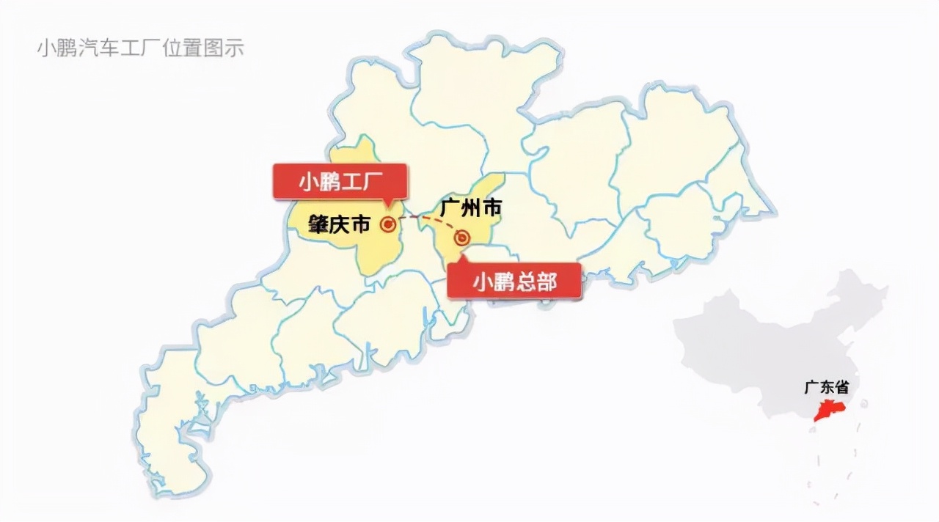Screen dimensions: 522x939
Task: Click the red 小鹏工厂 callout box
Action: point(340,181)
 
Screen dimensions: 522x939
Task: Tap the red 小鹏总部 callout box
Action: point(514,280)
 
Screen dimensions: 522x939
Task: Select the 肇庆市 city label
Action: point(339,224)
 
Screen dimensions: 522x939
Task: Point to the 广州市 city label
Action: point(470,209)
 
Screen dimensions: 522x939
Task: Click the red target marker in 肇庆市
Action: point(387,224)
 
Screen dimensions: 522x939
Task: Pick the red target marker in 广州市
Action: point(462,237)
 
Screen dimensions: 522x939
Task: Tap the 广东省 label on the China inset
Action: point(826,386)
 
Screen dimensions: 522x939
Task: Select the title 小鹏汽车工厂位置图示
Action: point(140,48)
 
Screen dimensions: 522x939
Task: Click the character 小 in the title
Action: point(45,48)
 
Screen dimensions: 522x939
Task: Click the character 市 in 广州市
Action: point(491,209)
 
